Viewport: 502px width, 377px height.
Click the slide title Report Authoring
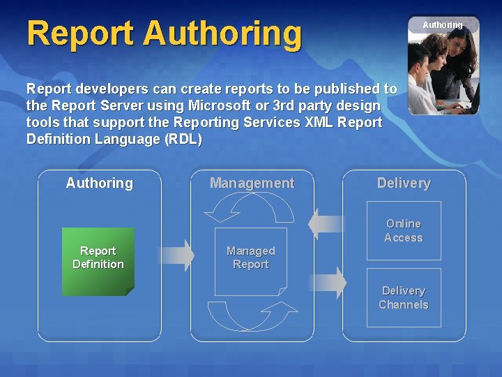click(x=165, y=34)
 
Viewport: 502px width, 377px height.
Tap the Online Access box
click(x=404, y=230)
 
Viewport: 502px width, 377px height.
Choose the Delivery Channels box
click(x=404, y=297)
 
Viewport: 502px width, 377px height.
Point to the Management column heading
click(x=252, y=183)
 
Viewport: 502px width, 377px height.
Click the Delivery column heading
click(x=404, y=183)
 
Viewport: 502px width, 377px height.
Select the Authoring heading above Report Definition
click(x=99, y=183)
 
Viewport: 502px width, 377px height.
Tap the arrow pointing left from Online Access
click(x=326, y=224)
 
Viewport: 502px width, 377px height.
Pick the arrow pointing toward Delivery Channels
click(x=328, y=282)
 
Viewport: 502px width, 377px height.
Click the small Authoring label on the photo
click(x=442, y=25)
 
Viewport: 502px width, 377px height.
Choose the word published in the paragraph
click(x=344, y=89)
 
